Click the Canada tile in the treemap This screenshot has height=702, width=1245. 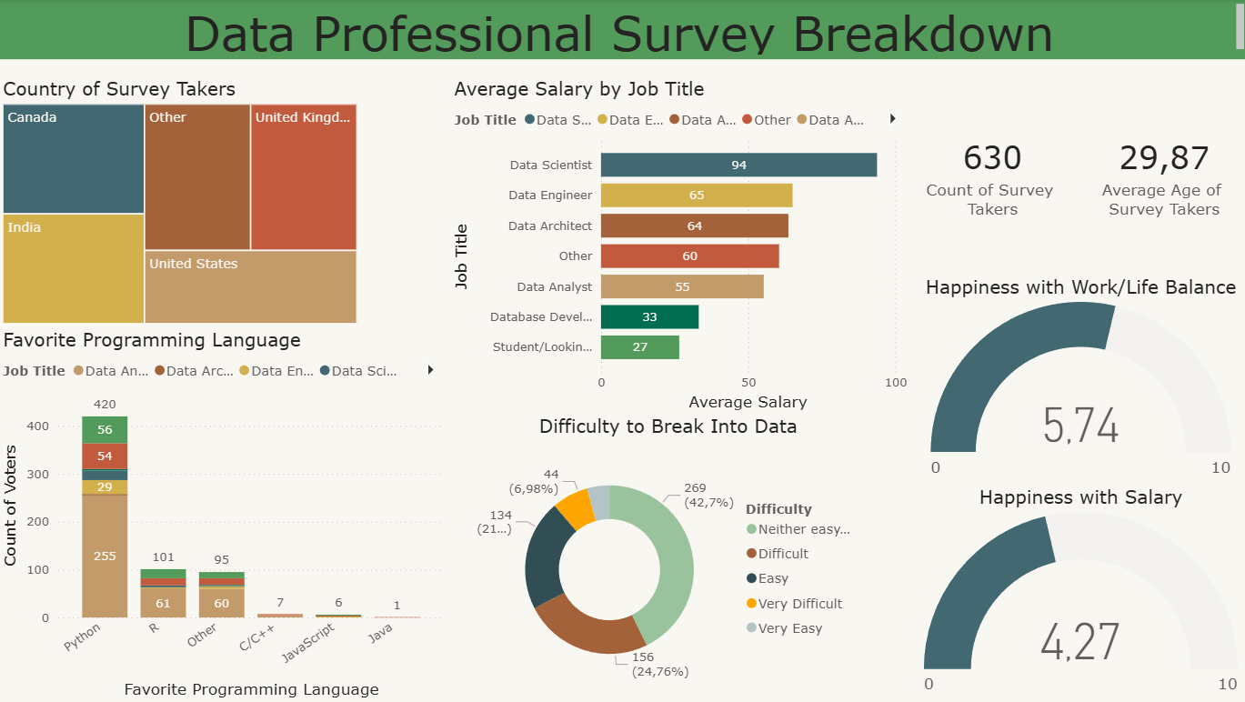point(73,159)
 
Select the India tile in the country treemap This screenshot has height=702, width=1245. point(73,268)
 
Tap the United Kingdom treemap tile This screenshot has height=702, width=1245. point(303,177)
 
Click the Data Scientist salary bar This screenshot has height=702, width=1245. point(738,165)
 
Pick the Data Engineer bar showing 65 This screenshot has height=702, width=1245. point(697,196)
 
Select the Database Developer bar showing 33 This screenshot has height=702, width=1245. point(649,317)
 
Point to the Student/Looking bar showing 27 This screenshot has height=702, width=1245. point(640,347)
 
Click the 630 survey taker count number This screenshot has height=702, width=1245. point(992,158)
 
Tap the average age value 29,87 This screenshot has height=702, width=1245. point(1164,158)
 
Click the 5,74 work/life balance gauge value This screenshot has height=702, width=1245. point(1080,426)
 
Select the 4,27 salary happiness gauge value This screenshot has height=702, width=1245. point(1079,642)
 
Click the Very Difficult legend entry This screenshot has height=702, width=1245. point(799,604)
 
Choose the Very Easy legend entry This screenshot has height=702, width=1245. point(789,628)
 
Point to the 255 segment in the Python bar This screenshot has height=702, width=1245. point(105,556)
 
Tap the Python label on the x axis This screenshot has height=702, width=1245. point(82,637)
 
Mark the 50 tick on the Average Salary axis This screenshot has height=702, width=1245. point(748,383)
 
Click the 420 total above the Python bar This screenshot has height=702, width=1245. point(105,405)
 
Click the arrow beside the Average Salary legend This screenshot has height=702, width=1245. point(892,119)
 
